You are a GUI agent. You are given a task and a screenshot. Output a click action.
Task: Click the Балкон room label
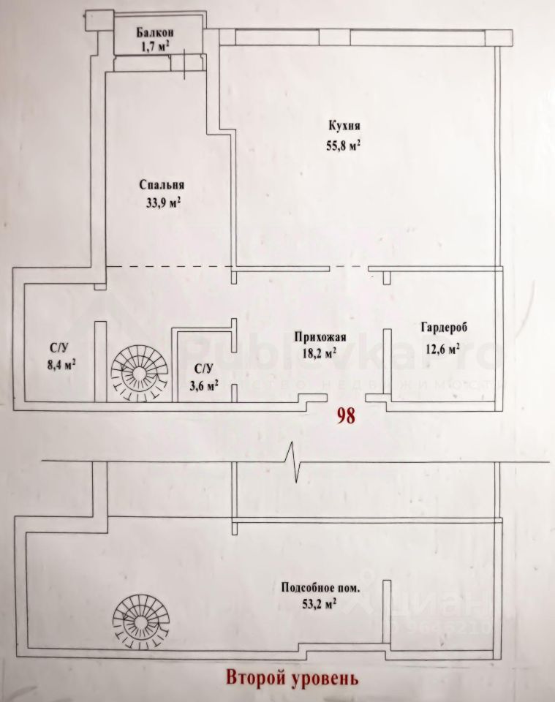click(154, 32)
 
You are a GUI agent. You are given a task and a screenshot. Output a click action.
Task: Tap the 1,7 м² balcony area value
click(155, 45)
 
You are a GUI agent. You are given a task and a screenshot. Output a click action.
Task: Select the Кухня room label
click(344, 125)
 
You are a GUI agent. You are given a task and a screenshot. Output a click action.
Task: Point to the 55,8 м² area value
click(344, 145)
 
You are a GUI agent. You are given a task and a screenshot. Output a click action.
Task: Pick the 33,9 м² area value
click(163, 203)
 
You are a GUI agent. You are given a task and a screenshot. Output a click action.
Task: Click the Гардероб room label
click(439, 327)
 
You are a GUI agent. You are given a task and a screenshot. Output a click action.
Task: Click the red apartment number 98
click(345, 416)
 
